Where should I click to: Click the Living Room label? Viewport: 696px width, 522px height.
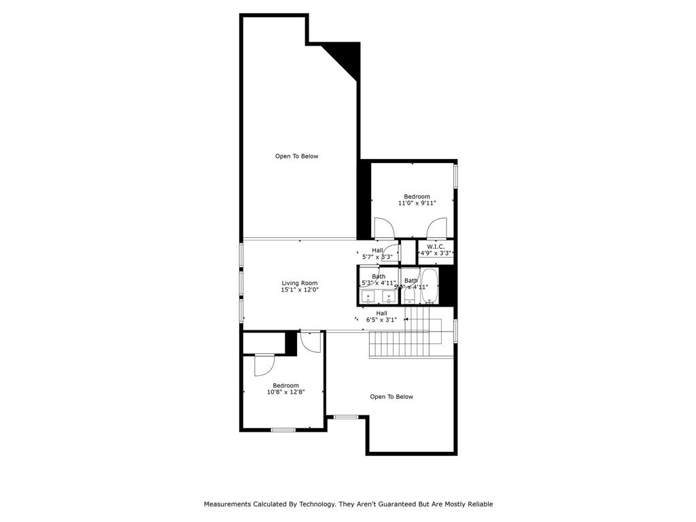pos(299,283)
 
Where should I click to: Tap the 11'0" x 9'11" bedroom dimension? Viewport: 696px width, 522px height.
pos(416,203)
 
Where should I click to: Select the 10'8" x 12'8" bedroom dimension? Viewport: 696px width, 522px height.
pos(285,391)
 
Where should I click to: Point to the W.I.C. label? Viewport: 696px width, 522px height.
pos(436,246)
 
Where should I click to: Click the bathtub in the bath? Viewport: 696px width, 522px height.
pos(430,286)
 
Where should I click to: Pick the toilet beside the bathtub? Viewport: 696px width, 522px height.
pos(410,297)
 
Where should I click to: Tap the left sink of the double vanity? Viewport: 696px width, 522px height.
pos(368,296)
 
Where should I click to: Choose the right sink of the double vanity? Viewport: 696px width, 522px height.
pos(389,296)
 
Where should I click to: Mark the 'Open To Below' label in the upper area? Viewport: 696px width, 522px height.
pos(296,156)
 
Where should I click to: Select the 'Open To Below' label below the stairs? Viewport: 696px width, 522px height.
pos(391,397)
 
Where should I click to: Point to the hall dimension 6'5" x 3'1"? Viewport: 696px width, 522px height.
pos(381,319)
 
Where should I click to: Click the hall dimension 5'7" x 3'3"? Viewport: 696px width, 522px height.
pos(377,257)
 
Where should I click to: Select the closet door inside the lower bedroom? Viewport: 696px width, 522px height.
pos(263,366)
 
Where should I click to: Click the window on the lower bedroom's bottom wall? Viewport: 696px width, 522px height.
pos(282,430)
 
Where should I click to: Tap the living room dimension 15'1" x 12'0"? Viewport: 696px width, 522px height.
pos(299,290)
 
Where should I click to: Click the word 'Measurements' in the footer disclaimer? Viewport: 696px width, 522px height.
pos(231,504)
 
